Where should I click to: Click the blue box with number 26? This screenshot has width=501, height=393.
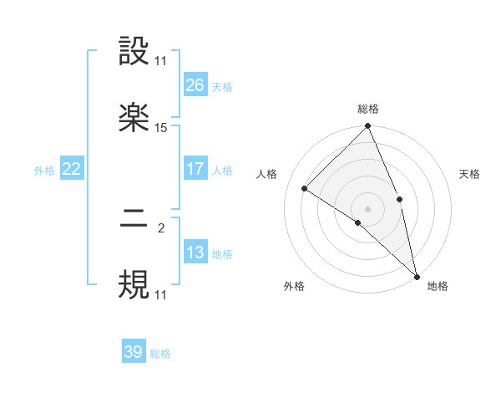click(x=195, y=84)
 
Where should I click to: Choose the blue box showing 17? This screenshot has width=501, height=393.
click(x=195, y=169)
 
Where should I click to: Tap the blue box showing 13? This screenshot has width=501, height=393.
click(x=195, y=253)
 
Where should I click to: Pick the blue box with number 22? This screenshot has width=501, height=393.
click(x=71, y=169)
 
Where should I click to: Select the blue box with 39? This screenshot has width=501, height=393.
click(x=134, y=352)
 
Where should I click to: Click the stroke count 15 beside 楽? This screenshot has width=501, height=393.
click(x=161, y=128)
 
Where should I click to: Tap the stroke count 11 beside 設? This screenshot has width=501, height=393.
click(x=161, y=61)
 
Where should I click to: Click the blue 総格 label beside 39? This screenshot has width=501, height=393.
click(x=160, y=354)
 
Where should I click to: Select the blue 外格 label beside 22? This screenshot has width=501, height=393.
click(x=44, y=171)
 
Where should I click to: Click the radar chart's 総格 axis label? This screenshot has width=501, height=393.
click(x=368, y=109)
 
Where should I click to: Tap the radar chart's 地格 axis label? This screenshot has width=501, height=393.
click(x=438, y=286)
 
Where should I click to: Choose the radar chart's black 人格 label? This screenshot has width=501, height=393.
click(x=268, y=174)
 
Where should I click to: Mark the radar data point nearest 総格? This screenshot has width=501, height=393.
click(x=368, y=127)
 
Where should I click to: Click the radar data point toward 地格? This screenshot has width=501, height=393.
click(x=417, y=275)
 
